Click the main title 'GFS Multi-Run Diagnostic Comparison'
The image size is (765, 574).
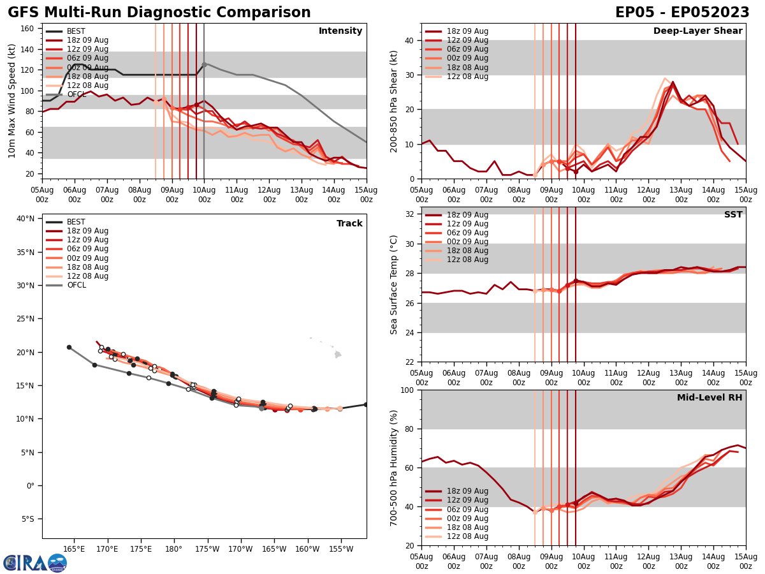[x=159, y=13]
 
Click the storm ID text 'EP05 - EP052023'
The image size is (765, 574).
[x=682, y=13]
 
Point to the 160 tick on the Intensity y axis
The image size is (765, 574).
[x=28, y=29]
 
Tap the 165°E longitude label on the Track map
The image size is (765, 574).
[x=75, y=549]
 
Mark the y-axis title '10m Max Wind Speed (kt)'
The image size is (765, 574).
[x=12, y=100]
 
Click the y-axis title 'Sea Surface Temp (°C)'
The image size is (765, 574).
[x=394, y=284]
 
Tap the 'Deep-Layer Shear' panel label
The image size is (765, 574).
[x=697, y=31]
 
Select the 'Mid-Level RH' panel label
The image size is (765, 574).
[x=709, y=398]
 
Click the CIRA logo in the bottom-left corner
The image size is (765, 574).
[x=35, y=563]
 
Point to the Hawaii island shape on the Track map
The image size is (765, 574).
[x=338, y=354]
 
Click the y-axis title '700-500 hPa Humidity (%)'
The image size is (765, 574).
[x=394, y=467]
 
